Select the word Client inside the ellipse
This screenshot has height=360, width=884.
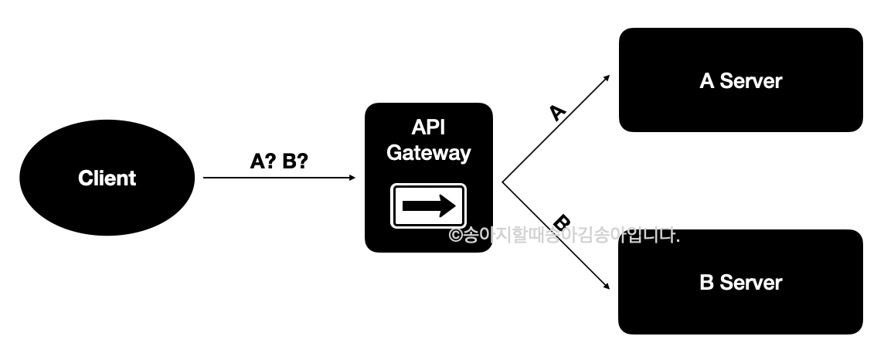point(107,178)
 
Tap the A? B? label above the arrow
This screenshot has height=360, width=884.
point(280,161)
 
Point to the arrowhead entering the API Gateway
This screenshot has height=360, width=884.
point(352,178)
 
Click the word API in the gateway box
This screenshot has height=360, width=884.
point(428,127)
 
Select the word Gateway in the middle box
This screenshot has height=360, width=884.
point(428,153)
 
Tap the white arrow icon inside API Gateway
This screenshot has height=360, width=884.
point(428,205)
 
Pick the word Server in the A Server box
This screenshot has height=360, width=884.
point(751,81)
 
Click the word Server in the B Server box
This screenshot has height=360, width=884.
point(751,283)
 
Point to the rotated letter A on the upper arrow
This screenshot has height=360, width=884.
point(557,113)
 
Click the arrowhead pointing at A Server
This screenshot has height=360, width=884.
point(607,78)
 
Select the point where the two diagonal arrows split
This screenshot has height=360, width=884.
point(503,182)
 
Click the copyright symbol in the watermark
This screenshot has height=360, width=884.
point(455,236)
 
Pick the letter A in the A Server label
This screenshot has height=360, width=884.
point(707,81)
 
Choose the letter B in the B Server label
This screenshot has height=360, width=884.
point(707,283)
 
